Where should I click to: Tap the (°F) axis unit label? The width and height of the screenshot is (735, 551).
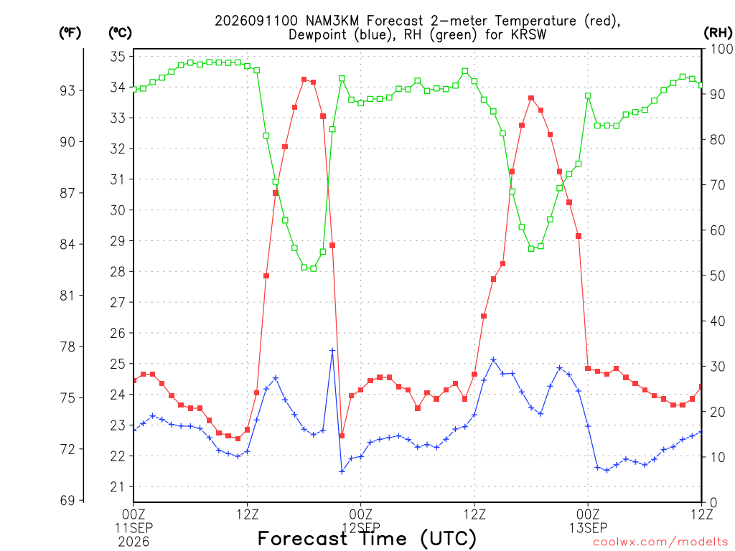[x=70, y=33]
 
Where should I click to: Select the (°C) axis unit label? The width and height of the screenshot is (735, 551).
[x=120, y=33]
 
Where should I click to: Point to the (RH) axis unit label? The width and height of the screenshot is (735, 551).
[x=718, y=33]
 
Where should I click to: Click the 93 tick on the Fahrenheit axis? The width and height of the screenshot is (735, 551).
[x=67, y=90]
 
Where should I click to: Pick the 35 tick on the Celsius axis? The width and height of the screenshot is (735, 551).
[x=118, y=57]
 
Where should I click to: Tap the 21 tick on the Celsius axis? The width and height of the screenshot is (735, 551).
[x=118, y=487]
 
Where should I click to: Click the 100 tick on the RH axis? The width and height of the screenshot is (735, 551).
[x=721, y=50]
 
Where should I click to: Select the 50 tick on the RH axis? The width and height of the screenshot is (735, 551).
[x=717, y=276]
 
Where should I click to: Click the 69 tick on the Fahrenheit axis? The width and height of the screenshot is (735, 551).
[x=67, y=501]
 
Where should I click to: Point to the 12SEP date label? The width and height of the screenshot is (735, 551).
[x=361, y=528]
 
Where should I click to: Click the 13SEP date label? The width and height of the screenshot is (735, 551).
[x=589, y=528]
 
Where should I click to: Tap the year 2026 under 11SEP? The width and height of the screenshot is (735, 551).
[x=134, y=542]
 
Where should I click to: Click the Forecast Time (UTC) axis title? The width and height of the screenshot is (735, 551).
[x=367, y=539]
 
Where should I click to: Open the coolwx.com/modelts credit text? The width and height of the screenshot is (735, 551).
[x=660, y=542]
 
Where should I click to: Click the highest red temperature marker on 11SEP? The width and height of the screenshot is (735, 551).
[x=304, y=80]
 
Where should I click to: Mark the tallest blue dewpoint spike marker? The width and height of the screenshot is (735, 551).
[x=332, y=350]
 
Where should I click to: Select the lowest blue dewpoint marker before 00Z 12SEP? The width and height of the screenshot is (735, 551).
[x=342, y=472]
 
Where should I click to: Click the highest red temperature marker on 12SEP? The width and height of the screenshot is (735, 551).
[x=531, y=98]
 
